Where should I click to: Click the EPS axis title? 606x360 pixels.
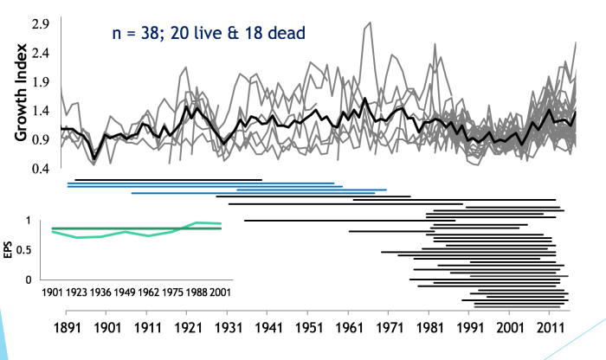[x=10, y=250]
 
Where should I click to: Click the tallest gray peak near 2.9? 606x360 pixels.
[x=370, y=24]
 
